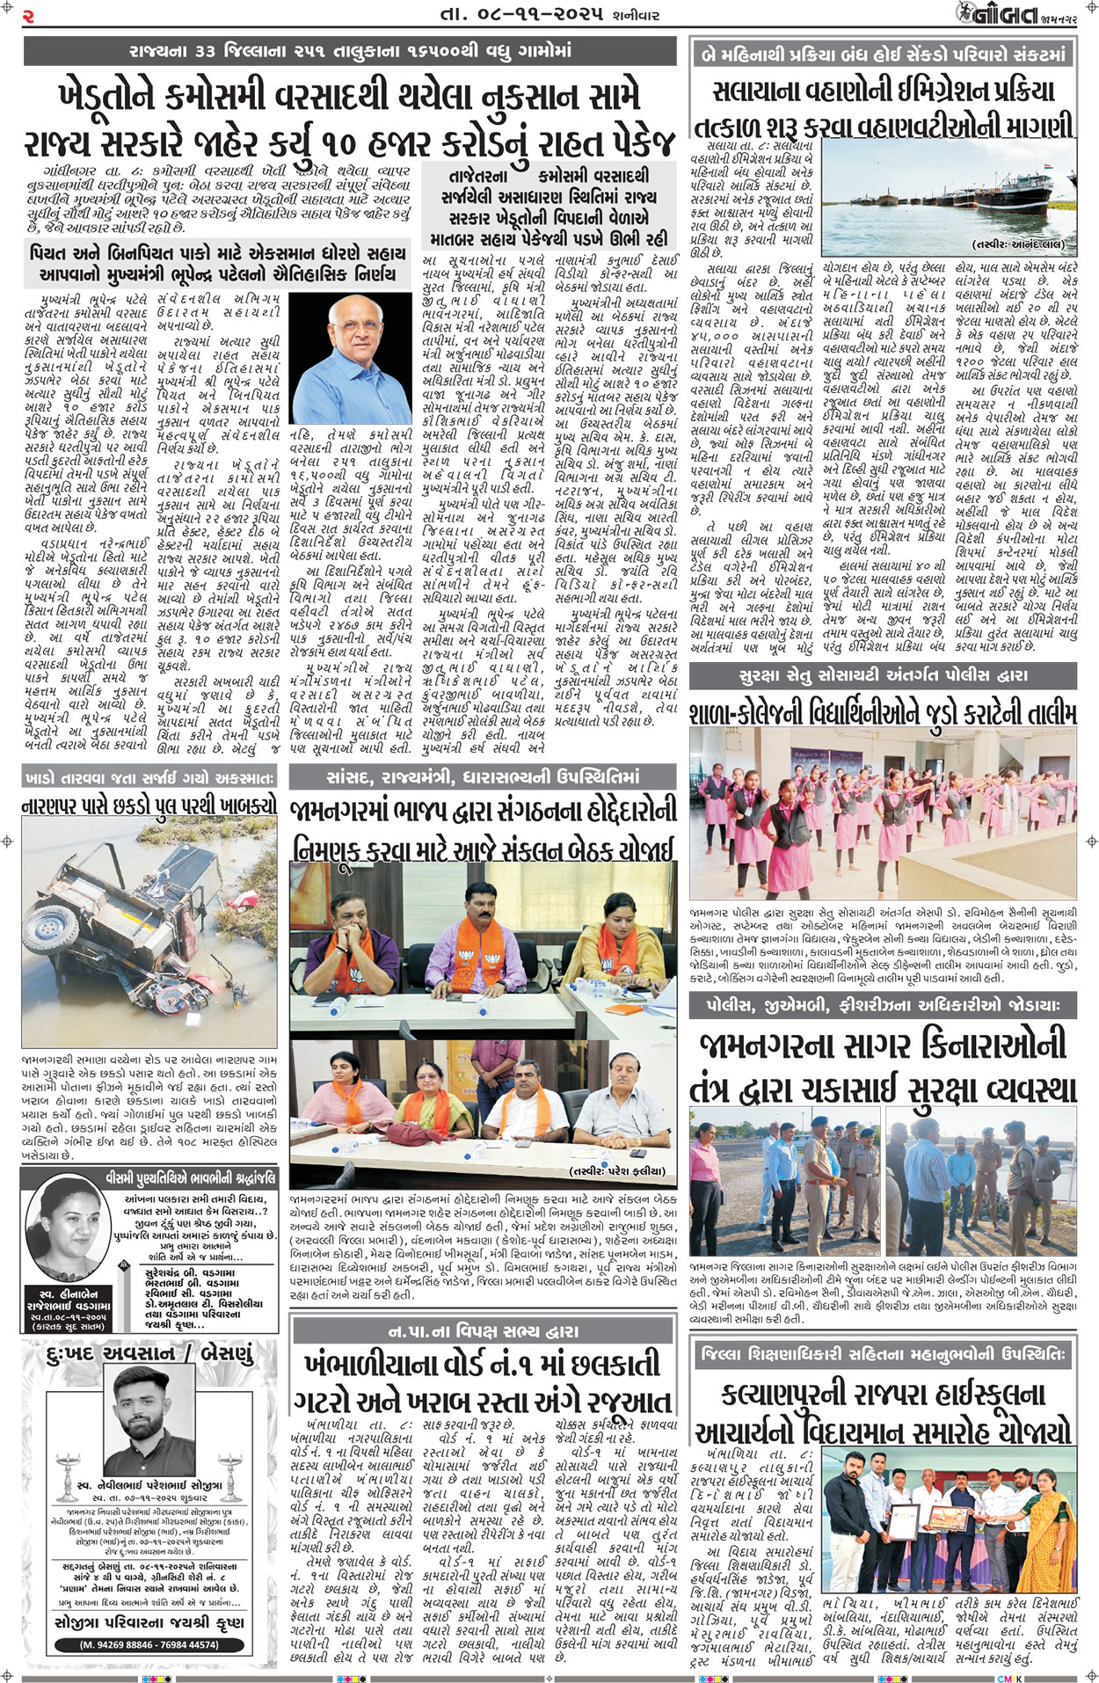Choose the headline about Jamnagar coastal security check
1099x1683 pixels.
point(883,1066)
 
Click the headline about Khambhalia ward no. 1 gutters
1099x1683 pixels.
point(483,1381)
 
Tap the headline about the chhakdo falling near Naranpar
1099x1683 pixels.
point(149,805)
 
